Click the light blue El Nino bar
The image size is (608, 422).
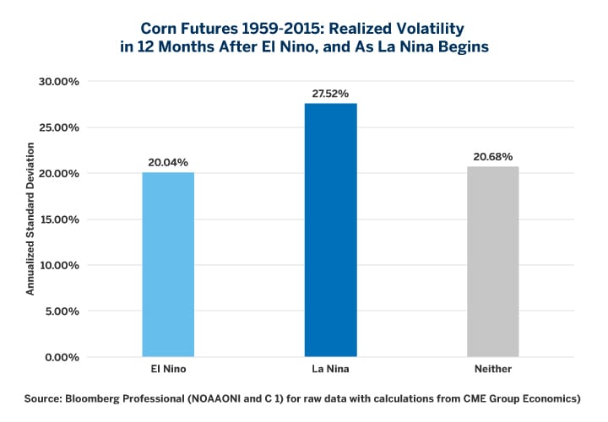168,264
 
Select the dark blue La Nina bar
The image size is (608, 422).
330,230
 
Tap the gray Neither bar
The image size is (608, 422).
492,262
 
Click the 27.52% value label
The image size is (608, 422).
330,93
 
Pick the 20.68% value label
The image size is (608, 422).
492,156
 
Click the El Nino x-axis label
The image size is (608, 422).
168,370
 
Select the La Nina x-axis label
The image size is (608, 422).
330,370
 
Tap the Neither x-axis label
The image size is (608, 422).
492,370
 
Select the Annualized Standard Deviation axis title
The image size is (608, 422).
30,219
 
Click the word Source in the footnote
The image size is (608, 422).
43,397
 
